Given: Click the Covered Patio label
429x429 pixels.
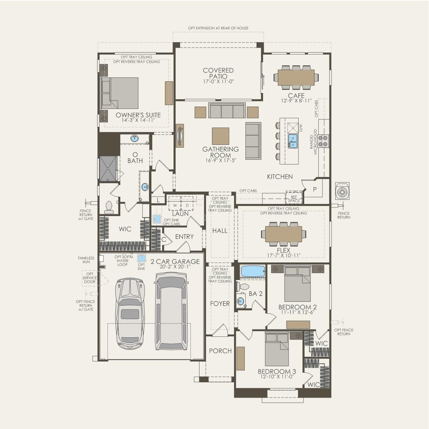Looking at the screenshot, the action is [x=218, y=73].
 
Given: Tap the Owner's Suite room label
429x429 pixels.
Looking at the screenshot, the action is [x=138, y=115].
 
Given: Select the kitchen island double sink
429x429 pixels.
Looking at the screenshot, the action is [x=292, y=141].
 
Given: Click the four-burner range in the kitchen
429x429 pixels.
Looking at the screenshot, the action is [x=323, y=141].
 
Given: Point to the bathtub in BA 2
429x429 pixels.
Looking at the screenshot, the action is [x=253, y=271].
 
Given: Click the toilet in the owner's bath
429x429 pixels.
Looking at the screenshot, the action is [x=109, y=208].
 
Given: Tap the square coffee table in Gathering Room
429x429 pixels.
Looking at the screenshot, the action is [x=221, y=136].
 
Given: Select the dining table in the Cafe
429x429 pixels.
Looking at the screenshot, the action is [x=296, y=77].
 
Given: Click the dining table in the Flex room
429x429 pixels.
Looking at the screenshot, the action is [x=283, y=234].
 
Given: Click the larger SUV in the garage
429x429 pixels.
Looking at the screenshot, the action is [x=171, y=311].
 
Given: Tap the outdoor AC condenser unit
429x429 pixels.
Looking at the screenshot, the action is [x=342, y=191].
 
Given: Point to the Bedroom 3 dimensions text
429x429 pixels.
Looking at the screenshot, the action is [x=277, y=377].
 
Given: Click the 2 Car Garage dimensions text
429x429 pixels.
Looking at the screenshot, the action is [x=175, y=267].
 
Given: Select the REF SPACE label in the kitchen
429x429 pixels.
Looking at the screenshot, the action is [x=294, y=199].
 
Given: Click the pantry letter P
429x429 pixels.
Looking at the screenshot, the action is [x=315, y=189].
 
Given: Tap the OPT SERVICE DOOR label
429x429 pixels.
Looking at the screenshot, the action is [x=90, y=278].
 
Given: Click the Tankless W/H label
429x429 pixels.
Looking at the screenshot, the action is [x=86, y=260].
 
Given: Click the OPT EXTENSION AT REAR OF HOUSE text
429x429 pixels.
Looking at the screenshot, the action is [x=218, y=28].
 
